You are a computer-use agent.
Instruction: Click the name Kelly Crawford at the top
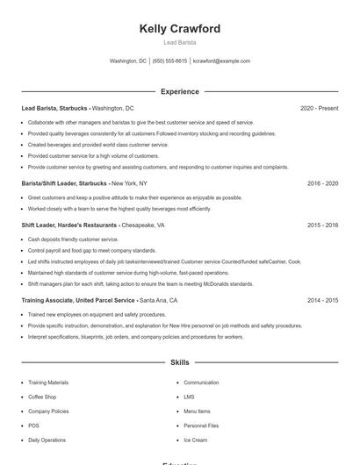point(180,29)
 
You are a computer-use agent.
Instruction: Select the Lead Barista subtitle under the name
point(180,42)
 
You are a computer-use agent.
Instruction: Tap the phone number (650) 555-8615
point(169,61)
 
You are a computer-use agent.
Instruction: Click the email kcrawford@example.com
point(221,61)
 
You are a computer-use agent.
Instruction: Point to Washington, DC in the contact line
point(128,61)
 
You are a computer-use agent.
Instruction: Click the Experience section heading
point(180,91)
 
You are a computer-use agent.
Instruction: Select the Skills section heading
point(180,361)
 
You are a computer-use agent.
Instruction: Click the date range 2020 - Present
point(319,108)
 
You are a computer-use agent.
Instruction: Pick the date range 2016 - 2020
point(322,183)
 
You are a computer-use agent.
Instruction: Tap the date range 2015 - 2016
point(322,225)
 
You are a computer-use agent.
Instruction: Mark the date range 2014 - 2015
point(322,300)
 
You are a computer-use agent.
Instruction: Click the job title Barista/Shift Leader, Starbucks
point(63,183)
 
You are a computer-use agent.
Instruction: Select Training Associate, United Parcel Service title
point(78,300)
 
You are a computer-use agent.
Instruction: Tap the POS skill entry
point(34,426)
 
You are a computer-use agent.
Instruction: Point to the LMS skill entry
point(190,397)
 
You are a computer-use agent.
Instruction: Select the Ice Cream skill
point(195,440)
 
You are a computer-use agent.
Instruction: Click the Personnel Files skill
point(201,426)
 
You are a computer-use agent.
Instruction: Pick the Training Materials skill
point(48,383)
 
